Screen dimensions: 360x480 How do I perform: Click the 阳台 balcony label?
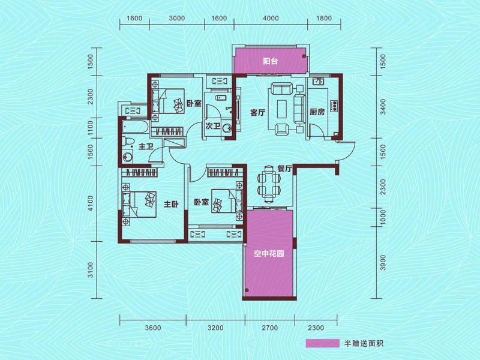(x=269, y=61)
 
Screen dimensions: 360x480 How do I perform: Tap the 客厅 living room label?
(x=258, y=112)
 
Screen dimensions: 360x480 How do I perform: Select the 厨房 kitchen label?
(x=317, y=112)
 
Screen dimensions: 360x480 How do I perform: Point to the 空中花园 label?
(x=269, y=254)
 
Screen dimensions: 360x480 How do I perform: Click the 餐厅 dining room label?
(x=284, y=169)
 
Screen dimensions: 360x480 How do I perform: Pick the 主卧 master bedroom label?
(x=172, y=205)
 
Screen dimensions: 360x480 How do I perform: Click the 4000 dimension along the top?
(x=272, y=18)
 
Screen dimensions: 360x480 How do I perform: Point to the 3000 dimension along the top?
(x=176, y=18)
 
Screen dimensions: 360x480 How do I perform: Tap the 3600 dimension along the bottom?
(x=154, y=328)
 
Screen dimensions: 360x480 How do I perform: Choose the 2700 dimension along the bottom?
(x=270, y=328)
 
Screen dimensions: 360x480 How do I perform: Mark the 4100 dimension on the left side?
(x=91, y=203)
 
